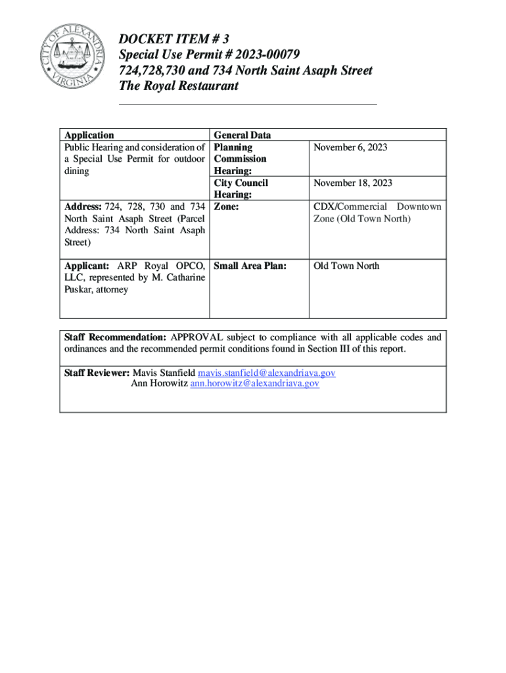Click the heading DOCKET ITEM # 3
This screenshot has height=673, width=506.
pyautogui.click(x=174, y=39)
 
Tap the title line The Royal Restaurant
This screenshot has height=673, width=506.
pyautogui.click(x=179, y=86)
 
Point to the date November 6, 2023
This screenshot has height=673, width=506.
pyautogui.click(x=350, y=147)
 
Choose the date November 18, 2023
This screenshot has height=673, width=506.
pyautogui.click(x=352, y=183)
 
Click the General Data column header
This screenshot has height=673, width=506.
pyautogui.click(x=242, y=135)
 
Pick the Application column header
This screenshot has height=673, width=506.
pyautogui.click(x=89, y=135)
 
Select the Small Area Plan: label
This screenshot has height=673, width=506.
pyautogui.click(x=250, y=266)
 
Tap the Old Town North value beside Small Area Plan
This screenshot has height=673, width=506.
pyautogui.click(x=346, y=266)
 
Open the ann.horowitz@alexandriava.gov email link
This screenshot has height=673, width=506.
pyautogui.click(x=255, y=383)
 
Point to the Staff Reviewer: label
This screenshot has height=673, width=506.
pyautogui.click(x=97, y=373)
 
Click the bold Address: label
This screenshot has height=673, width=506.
pyautogui.click(x=83, y=207)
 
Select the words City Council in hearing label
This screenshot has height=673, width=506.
pyautogui.click(x=241, y=183)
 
